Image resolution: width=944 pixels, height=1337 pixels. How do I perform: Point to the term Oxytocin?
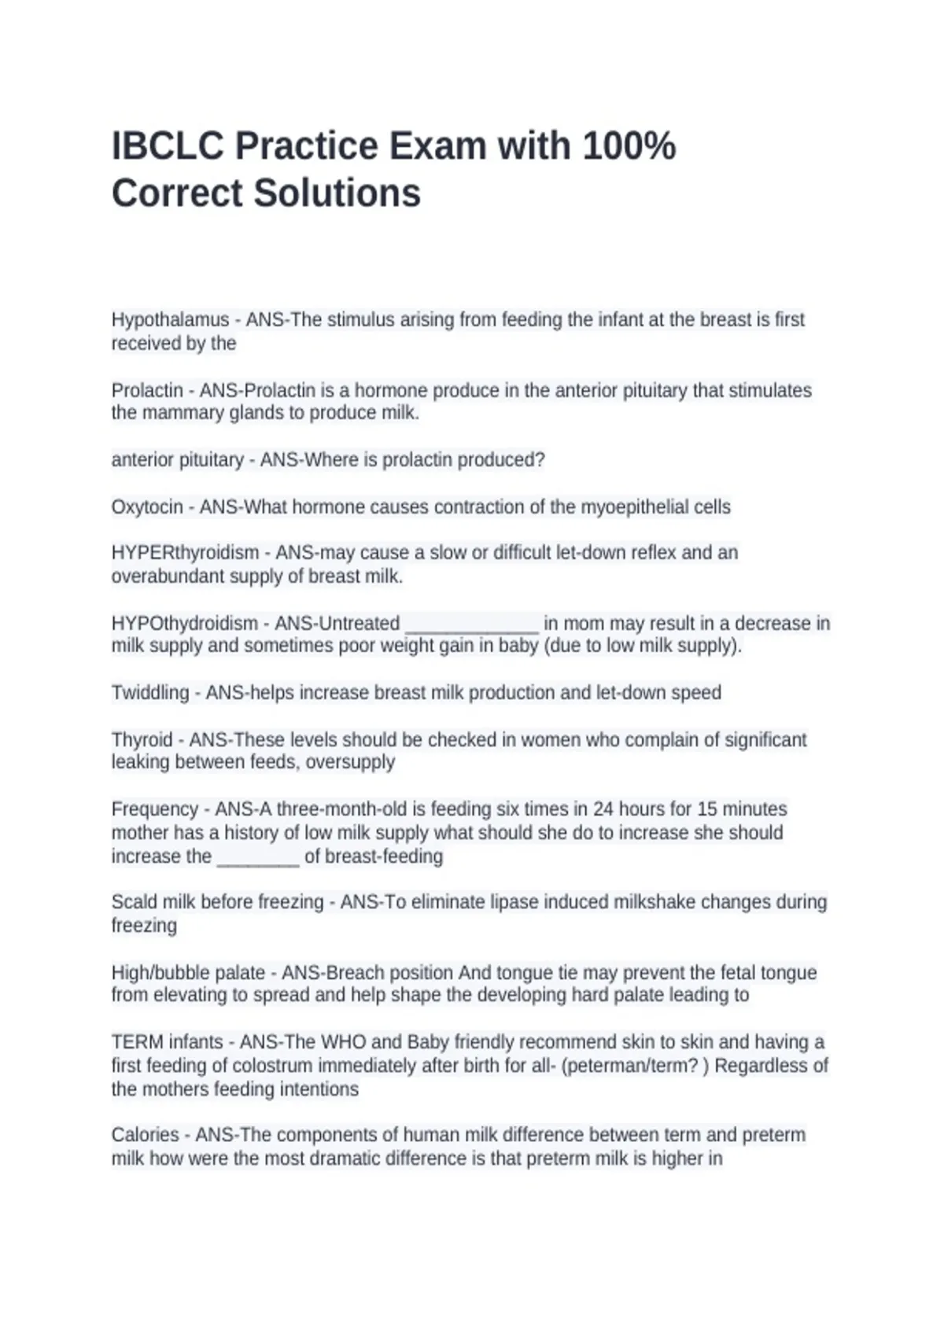coord(147,507)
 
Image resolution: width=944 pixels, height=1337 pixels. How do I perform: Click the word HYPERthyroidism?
coord(185,553)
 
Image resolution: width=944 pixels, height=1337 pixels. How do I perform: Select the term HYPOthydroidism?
coord(185,624)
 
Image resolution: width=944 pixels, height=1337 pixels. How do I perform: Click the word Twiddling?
coord(150,693)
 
